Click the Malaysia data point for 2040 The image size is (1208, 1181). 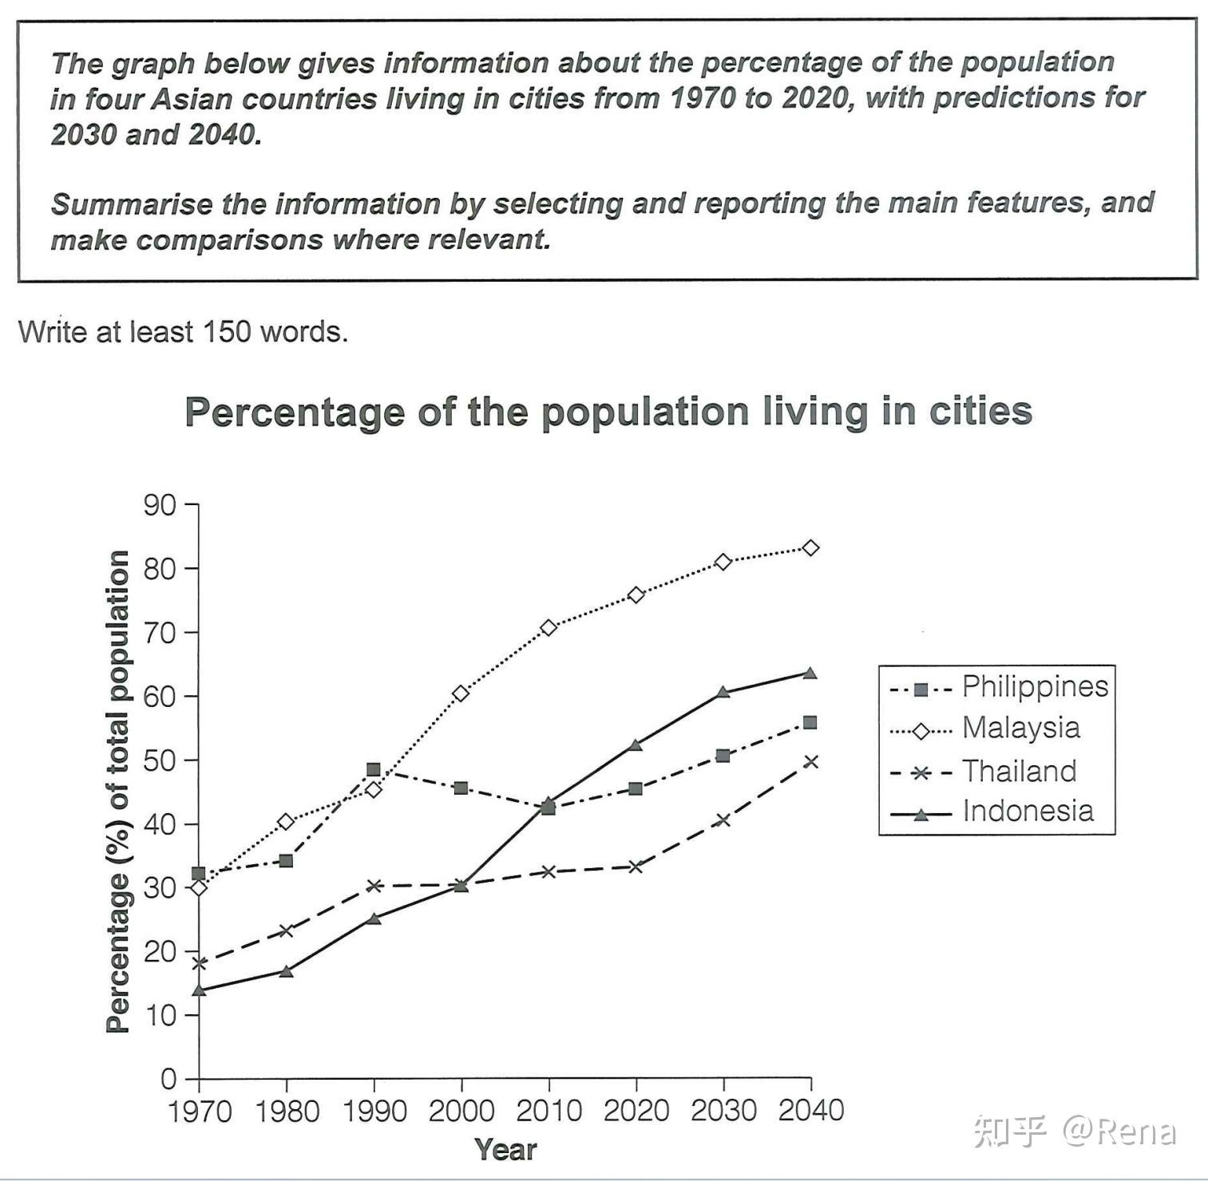pos(810,548)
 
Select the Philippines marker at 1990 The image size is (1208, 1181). pos(373,770)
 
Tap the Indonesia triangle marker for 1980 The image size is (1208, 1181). pos(286,971)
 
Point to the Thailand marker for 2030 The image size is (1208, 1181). pos(723,820)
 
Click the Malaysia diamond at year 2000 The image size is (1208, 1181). pos(461,693)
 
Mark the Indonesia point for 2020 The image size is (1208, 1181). pos(636,745)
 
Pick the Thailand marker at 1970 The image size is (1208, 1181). pos(200,963)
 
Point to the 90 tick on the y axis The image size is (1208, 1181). pos(160,505)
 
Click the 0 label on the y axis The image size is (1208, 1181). pos(168,1079)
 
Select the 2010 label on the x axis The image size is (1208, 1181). pos(549,1111)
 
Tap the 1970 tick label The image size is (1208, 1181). pos(200,1111)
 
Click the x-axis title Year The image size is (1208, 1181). pos(505,1150)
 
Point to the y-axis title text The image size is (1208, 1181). pos(118,791)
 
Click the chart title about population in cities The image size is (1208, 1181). pos(608,413)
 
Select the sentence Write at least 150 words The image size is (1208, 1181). pos(183,331)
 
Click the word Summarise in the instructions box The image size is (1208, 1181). pos(116,204)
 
